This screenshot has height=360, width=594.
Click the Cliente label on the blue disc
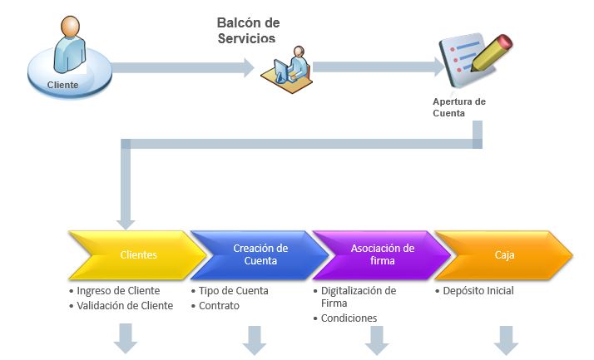pos(63,85)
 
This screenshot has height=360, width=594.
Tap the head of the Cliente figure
pos(70,27)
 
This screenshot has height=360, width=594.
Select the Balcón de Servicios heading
pos(248,30)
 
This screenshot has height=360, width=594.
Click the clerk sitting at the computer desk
pos(299,62)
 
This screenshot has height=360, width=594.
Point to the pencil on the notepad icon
pos(492,52)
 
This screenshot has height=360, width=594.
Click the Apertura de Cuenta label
pos(459,107)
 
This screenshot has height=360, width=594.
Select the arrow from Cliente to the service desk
pos(183,68)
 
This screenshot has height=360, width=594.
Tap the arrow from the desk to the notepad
pos(379,67)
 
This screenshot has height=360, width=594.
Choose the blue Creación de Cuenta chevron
pos(260,254)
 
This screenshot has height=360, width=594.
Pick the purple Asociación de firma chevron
pos(382,254)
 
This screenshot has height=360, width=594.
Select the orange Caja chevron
pos(504,254)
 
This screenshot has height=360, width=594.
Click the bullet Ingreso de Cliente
pos(115,291)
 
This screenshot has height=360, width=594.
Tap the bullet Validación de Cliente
pos(121,305)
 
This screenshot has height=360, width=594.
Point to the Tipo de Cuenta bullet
pos(230,291)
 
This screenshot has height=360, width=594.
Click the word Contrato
pos(219,305)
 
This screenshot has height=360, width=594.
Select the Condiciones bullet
pos(345,318)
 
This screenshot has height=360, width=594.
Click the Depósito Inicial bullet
pos(475,291)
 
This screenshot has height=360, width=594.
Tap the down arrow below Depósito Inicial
pos(507,340)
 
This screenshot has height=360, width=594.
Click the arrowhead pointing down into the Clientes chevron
pos(126,224)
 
